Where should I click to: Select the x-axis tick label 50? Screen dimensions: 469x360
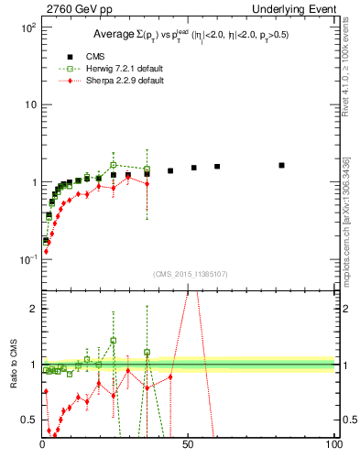point(188,444)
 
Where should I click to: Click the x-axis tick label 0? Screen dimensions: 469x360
point(42,444)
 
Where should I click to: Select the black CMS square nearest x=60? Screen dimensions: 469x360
point(217,167)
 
